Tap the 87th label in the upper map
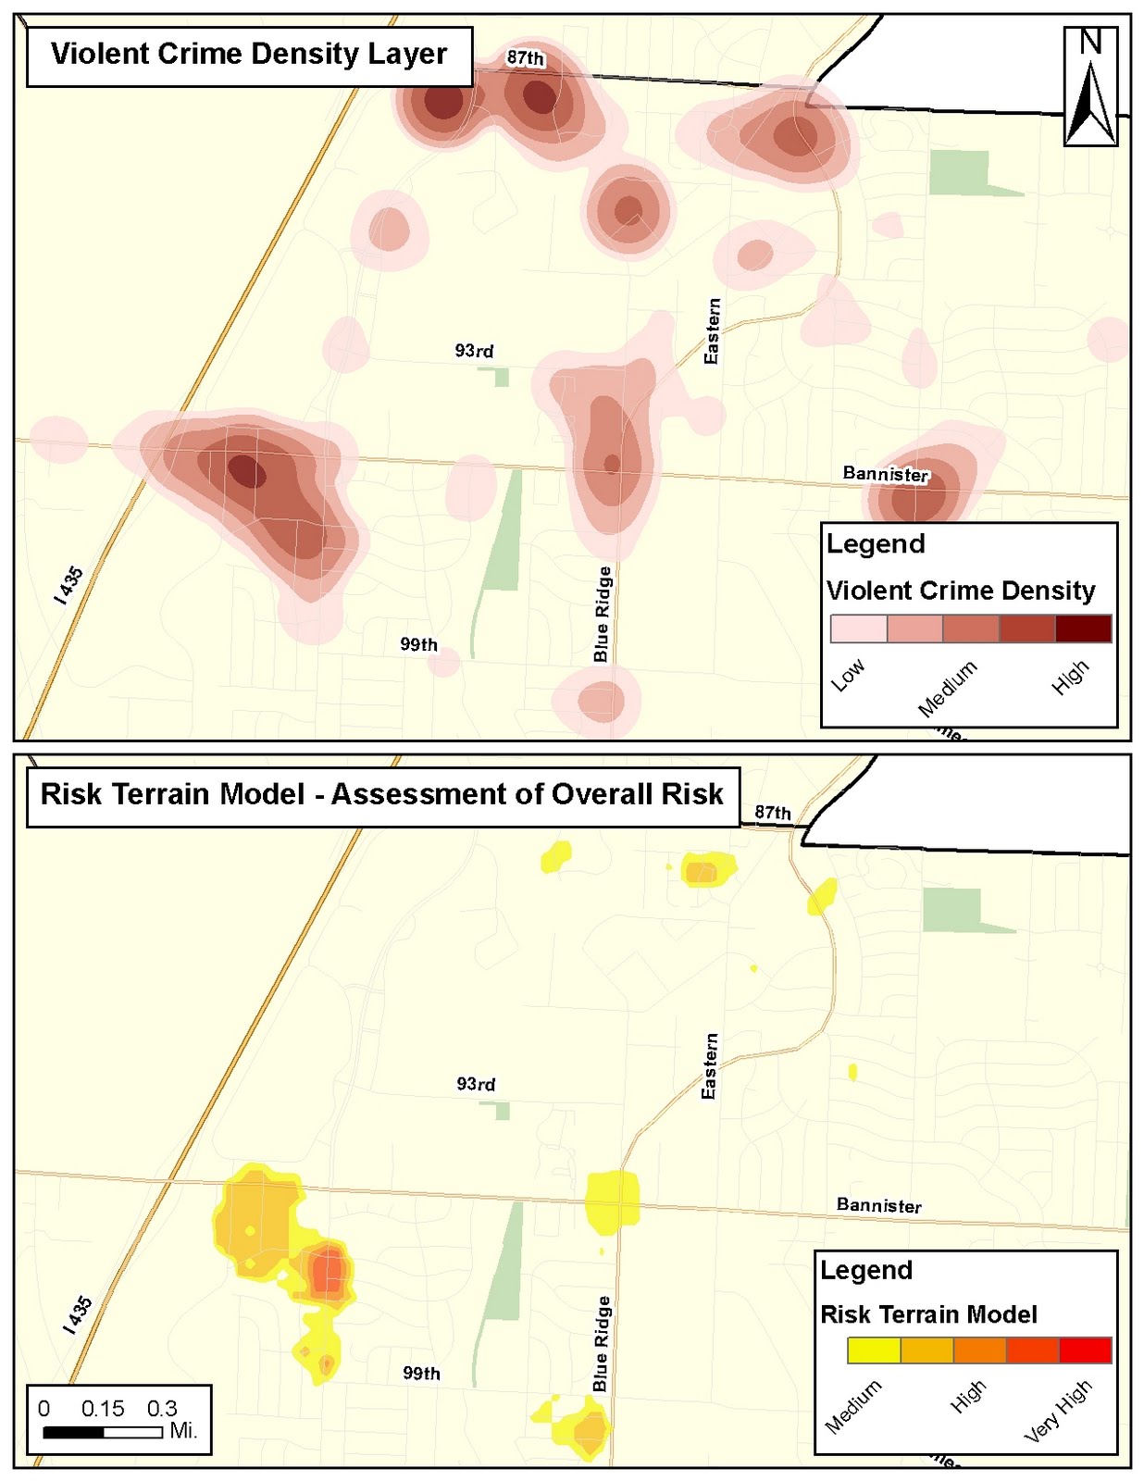click(525, 57)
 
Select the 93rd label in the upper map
click(474, 351)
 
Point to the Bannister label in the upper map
click(885, 474)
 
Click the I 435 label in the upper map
click(69, 586)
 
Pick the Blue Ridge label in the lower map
click(602, 1343)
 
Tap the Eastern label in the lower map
click(710, 1066)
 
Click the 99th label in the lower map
click(421, 1373)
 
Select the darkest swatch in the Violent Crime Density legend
click(1083, 628)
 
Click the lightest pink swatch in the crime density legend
click(859, 628)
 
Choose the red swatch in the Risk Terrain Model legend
click(1085, 1350)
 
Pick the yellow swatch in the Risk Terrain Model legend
click(874, 1350)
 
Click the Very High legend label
click(1058, 1411)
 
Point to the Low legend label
click(848, 675)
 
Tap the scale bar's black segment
click(73, 1432)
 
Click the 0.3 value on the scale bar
click(162, 1409)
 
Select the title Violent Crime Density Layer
click(249, 54)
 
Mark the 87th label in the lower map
click(772, 813)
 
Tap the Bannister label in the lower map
click(878, 1205)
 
